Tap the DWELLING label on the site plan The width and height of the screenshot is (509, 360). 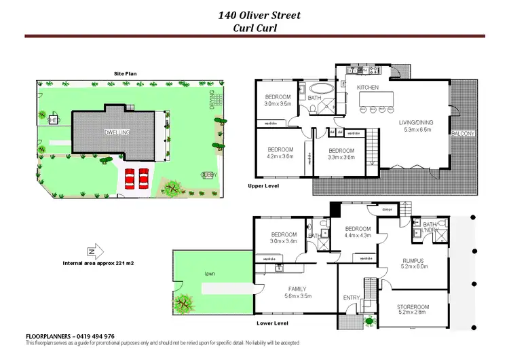coord(117,132)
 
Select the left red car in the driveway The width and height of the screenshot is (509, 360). coord(129,179)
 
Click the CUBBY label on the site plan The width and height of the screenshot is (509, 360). coord(208,175)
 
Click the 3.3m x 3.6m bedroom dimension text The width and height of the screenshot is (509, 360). coord(341,157)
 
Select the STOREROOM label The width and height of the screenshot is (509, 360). coord(413,307)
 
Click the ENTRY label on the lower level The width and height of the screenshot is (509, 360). coord(352,298)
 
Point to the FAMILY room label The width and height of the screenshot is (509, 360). coord(297,289)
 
